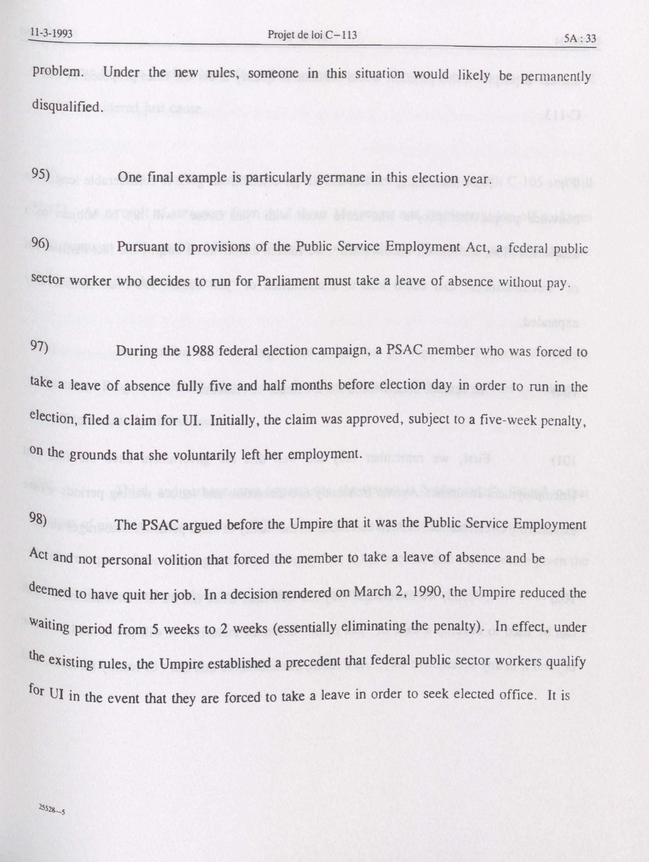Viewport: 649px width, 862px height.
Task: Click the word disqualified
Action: pyautogui.click(x=67, y=106)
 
